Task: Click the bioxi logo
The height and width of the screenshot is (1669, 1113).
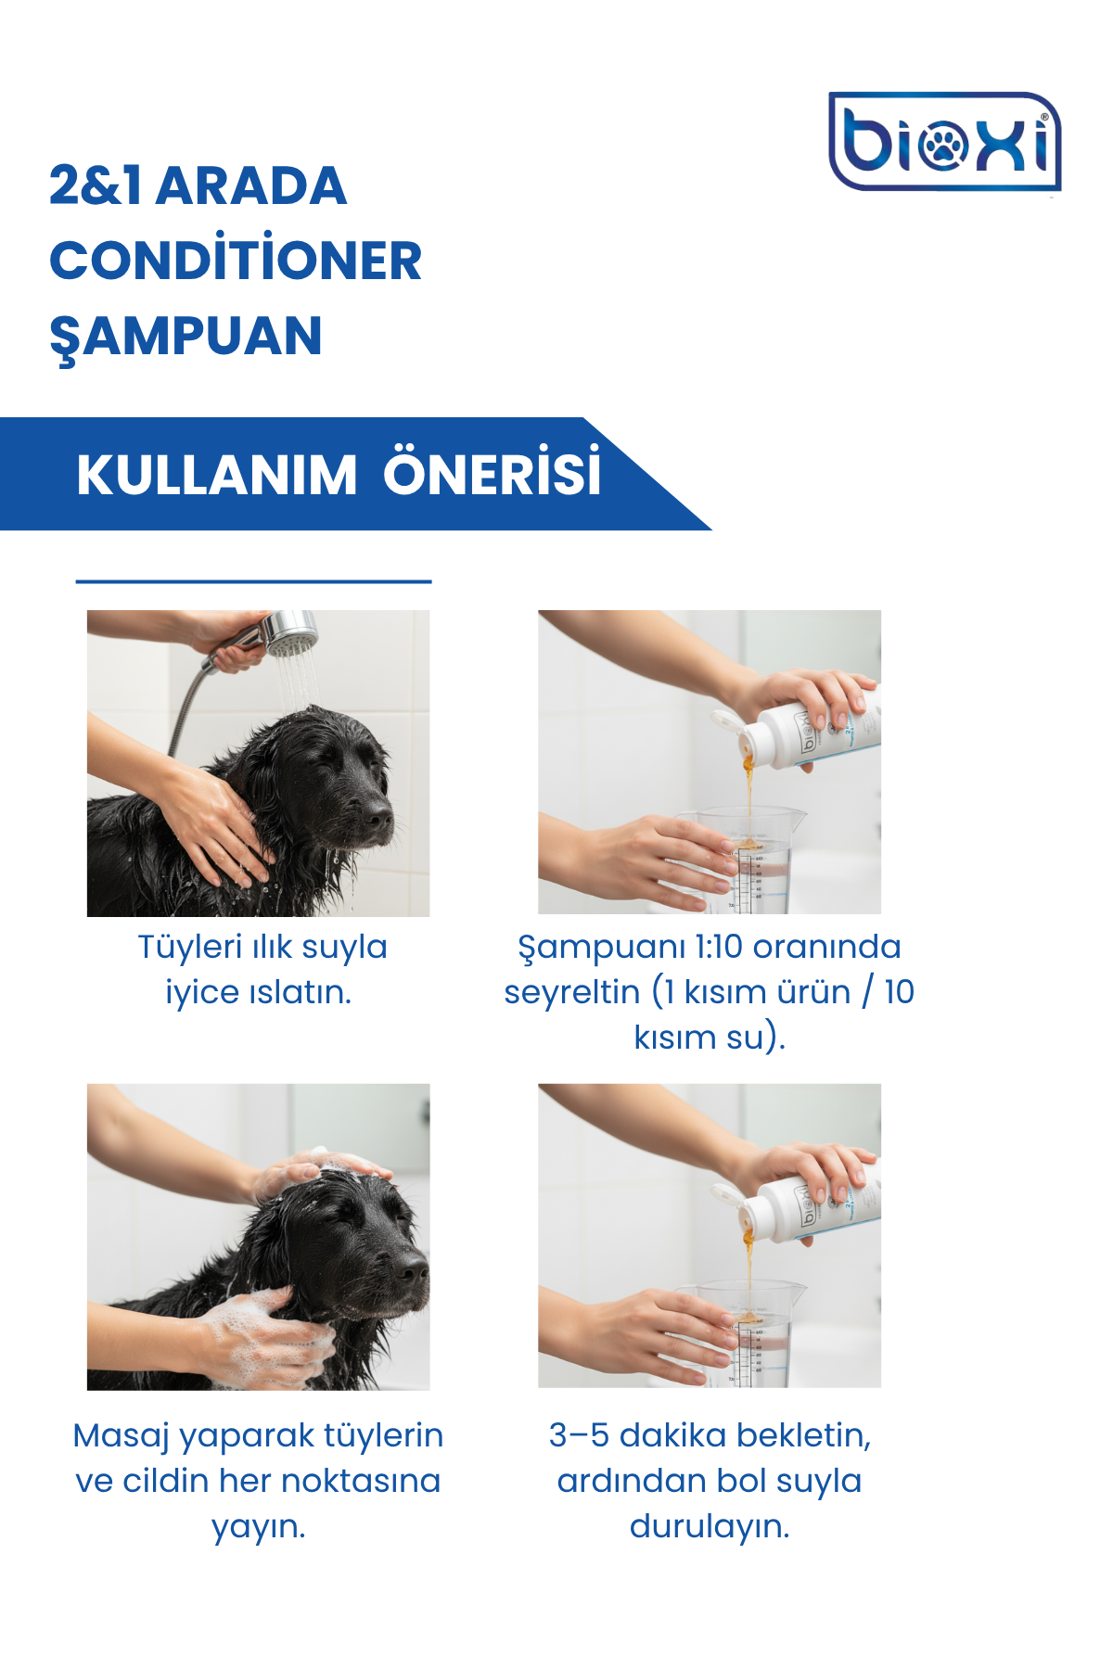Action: click(944, 142)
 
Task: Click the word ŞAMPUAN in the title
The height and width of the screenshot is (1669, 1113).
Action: click(185, 338)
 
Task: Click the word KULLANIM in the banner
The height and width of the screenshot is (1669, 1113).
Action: click(216, 475)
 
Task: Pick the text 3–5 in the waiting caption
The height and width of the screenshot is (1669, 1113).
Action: click(580, 1435)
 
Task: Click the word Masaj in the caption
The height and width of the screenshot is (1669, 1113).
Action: click(121, 1436)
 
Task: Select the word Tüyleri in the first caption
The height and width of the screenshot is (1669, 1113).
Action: click(189, 947)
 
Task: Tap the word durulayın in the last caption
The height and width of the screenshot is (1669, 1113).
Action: click(710, 1526)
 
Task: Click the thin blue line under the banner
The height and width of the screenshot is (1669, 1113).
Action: click(254, 581)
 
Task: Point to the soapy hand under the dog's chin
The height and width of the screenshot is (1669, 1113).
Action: click(264, 1335)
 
